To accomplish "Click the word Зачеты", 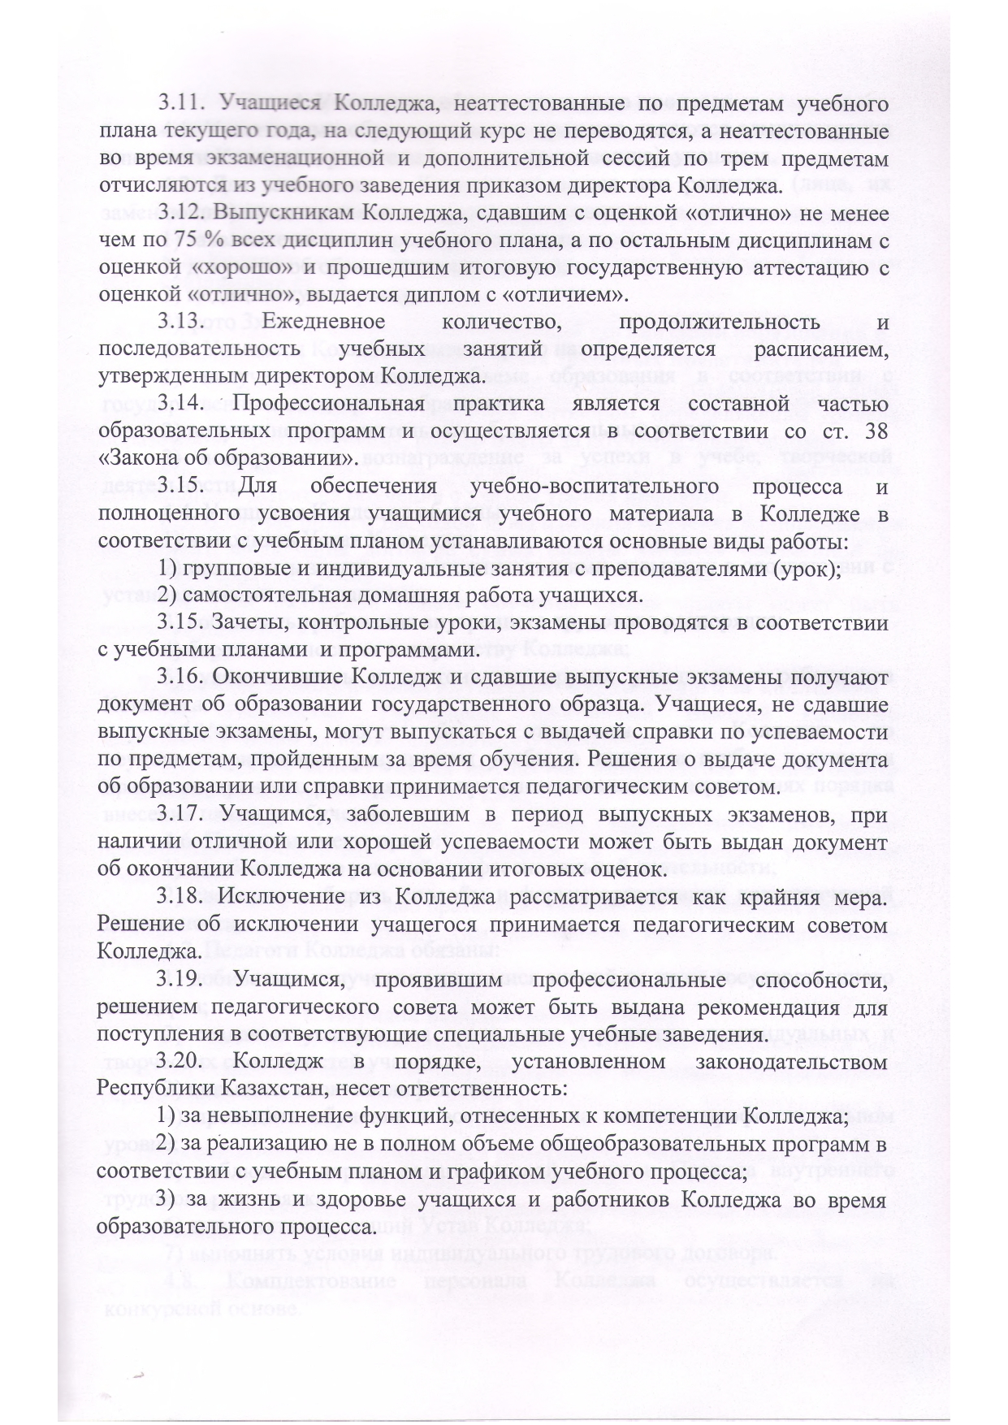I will pos(247,623).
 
